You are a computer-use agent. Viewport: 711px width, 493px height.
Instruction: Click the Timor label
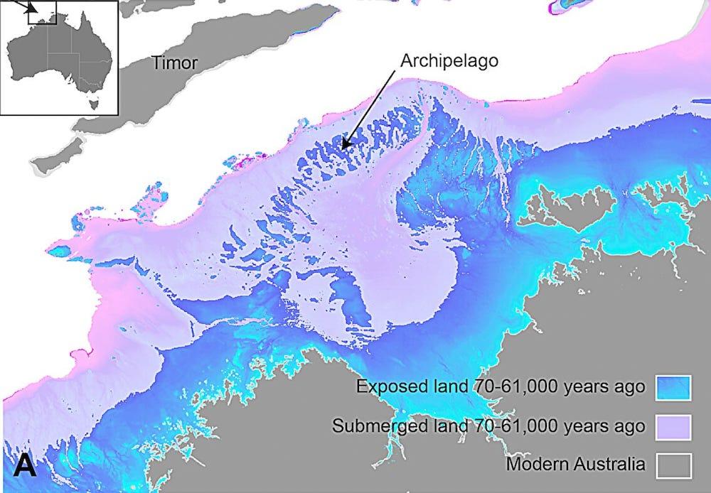click(174, 63)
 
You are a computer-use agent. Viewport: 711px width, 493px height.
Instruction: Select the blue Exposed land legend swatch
click(673, 388)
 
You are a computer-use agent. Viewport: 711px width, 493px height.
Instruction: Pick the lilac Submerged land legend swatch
click(673, 426)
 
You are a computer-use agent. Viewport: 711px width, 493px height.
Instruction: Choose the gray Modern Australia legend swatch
click(673, 465)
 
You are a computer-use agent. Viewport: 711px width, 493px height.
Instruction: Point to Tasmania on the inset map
click(90, 103)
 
